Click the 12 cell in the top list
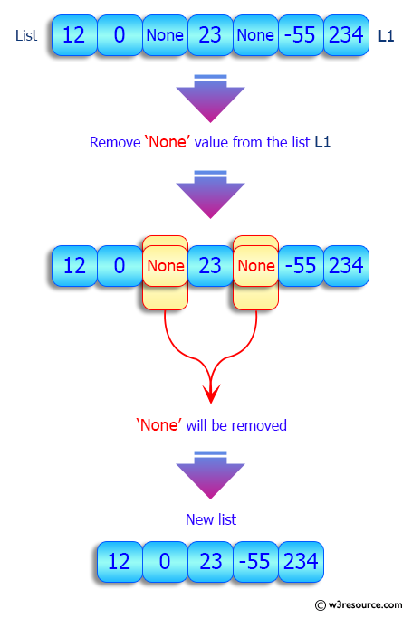pyautogui.click(x=74, y=36)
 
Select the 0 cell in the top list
pyautogui.click(x=119, y=36)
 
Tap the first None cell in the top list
pyautogui.click(x=164, y=36)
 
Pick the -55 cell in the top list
pyautogui.click(x=300, y=36)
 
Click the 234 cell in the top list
pyautogui.click(x=345, y=36)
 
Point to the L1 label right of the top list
pyautogui.click(x=385, y=36)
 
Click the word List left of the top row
pyautogui.click(x=26, y=36)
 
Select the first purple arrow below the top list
pyautogui.click(x=211, y=98)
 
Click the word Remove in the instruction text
pyautogui.click(x=114, y=142)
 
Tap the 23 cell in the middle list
pyautogui.click(x=210, y=266)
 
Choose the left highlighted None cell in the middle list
pyautogui.click(x=165, y=266)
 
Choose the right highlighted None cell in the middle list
pyautogui.click(x=255, y=266)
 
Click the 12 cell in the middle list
pyautogui.click(x=74, y=266)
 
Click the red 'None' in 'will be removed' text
pyautogui.click(x=158, y=425)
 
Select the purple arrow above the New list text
pyautogui.click(x=211, y=478)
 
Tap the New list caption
pyautogui.click(x=211, y=519)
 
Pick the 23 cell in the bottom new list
pyautogui.click(x=210, y=561)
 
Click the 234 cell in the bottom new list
pyautogui.click(x=300, y=561)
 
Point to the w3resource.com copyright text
pyautogui.click(x=359, y=604)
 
